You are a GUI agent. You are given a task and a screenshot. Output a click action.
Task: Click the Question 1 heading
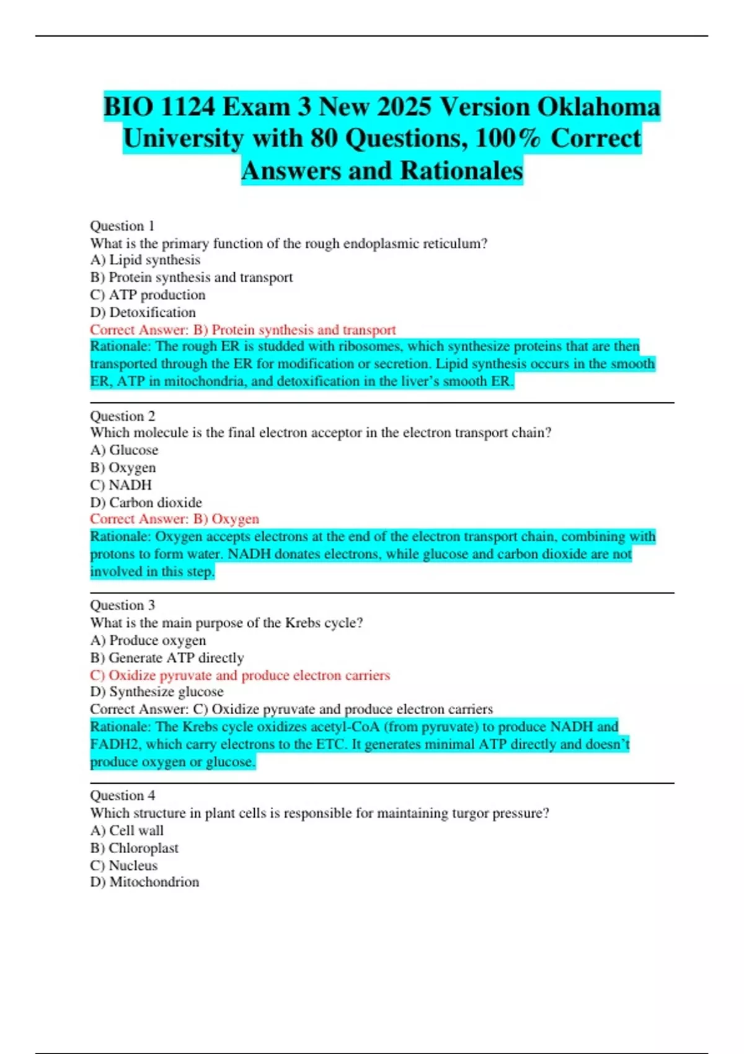point(122,226)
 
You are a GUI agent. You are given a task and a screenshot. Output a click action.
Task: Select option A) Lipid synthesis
point(145,260)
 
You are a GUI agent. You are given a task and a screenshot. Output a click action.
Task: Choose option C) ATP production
point(148,294)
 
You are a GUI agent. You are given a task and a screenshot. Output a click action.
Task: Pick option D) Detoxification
point(143,312)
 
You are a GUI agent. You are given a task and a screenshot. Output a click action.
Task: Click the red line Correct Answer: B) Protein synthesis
point(242,330)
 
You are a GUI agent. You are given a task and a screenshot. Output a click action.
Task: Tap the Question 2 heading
point(122,416)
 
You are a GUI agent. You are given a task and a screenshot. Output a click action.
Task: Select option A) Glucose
point(124,450)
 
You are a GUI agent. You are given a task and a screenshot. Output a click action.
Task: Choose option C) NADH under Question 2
point(121,485)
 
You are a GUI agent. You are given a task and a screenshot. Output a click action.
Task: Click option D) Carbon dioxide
point(146,502)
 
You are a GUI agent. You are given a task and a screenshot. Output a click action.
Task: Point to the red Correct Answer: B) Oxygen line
point(174,519)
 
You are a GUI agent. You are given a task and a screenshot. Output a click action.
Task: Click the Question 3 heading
point(122,605)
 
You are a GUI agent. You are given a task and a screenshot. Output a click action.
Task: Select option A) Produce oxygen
point(148,640)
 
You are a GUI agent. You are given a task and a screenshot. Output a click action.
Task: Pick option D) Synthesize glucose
point(156,691)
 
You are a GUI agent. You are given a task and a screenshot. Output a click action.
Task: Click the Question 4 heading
point(122,795)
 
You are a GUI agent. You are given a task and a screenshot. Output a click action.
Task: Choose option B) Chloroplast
point(134,848)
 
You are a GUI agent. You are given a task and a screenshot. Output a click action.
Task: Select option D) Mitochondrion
point(144,882)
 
